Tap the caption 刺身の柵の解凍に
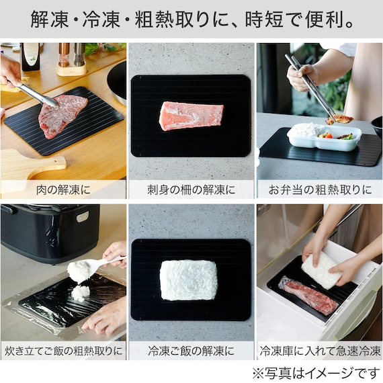191,190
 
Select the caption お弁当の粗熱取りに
320,190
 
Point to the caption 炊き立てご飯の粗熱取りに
63,351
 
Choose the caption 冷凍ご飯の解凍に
191,351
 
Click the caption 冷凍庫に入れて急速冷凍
320,351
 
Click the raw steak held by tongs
63,116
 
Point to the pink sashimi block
191,116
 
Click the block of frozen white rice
188,280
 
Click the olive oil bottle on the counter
30,57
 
